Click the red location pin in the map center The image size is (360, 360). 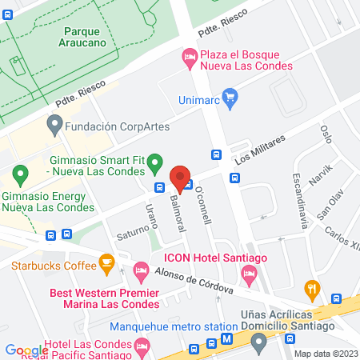point(180,178)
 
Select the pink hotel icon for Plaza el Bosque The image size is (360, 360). point(190,56)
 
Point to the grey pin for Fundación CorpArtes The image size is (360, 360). point(54,124)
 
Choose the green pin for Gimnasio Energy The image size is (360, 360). point(21,172)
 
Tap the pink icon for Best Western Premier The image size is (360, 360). point(142,271)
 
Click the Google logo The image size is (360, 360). point(26,350)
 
